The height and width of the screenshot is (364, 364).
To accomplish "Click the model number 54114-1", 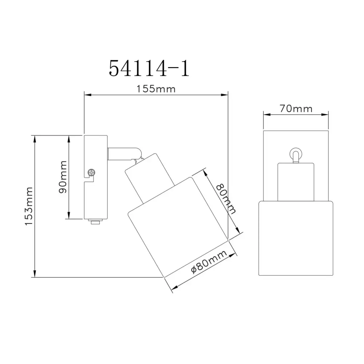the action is coord(149,68).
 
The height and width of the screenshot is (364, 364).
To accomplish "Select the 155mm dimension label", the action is coord(156,89).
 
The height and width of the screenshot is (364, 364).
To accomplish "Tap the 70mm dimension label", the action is coord(296,108).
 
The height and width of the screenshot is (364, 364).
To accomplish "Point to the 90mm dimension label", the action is coord(63,177).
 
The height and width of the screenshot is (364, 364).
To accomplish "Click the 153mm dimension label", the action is coord(29,206).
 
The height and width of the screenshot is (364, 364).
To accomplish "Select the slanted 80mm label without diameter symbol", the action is coord(226,198).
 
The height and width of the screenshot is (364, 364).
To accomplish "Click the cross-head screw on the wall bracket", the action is coord(91,173).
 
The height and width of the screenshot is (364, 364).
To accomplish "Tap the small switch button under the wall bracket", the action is coord(95,222).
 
